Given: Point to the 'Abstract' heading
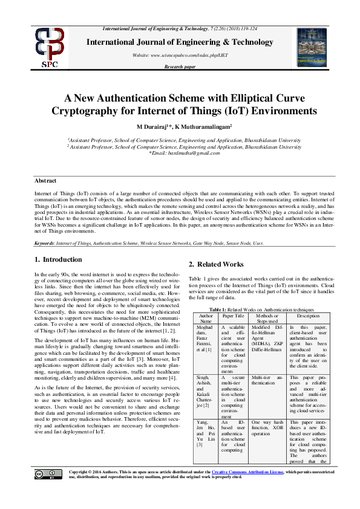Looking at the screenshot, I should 45,181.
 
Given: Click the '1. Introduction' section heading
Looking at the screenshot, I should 58,259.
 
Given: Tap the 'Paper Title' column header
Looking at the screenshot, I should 233,316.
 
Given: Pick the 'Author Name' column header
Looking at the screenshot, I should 206,319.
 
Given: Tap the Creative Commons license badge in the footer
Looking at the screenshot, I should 48,490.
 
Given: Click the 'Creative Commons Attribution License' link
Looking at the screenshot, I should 243,488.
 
